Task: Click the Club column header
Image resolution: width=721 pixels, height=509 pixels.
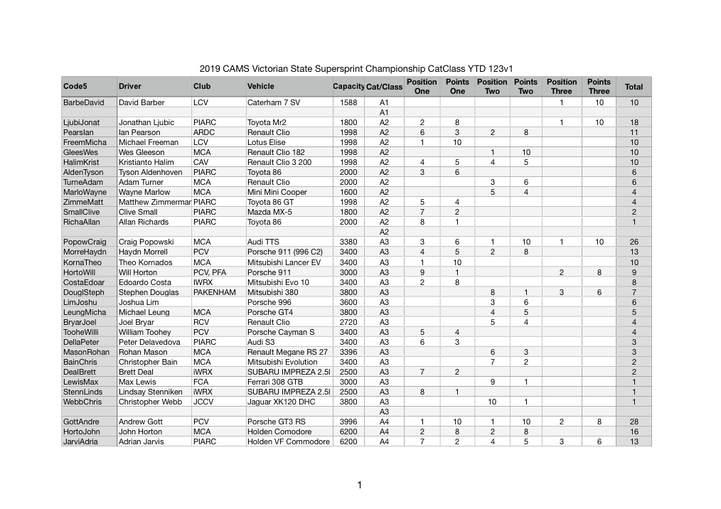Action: pyautogui.click(x=202, y=87)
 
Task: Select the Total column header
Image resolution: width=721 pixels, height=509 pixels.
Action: pyautogui.click(x=633, y=87)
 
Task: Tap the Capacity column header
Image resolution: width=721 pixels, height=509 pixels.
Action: pyautogui.click(x=348, y=87)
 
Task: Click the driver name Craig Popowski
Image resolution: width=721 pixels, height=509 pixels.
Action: pyautogui.click(x=146, y=242)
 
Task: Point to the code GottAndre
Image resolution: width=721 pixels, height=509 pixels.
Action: pyautogui.click(x=82, y=422)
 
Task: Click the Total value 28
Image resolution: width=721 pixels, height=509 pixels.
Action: pyautogui.click(x=634, y=422)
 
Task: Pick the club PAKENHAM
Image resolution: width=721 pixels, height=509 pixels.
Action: pyautogui.click(x=214, y=292)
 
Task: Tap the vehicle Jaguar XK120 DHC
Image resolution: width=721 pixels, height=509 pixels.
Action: pyautogui.click(x=282, y=402)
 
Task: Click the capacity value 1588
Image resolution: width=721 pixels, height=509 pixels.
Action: pyautogui.click(x=348, y=102)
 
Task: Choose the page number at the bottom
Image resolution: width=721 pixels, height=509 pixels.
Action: pyautogui.click(x=360, y=486)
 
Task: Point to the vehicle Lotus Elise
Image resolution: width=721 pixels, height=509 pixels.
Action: pyautogui.click(x=266, y=142)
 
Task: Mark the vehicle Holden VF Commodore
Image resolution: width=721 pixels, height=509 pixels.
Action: pyautogui.click(x=289, y=441)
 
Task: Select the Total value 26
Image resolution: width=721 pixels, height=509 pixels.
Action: pyautogui.click(x=634, y=242)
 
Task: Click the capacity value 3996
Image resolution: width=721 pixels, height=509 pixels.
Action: pyautogui.click(x=348, y=422)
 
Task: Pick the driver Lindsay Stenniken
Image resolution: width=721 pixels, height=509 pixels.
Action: pyautogui.click(x=150, y=392)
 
